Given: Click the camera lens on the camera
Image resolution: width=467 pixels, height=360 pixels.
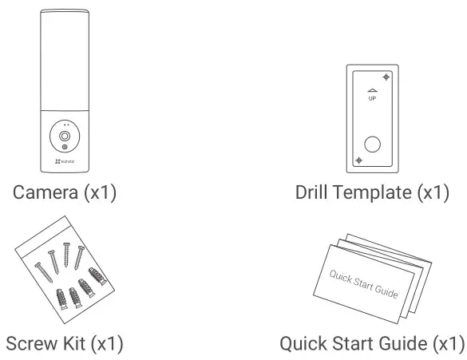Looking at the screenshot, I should coord(61,138).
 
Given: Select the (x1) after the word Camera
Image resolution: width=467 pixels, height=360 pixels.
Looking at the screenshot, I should coord(100,192).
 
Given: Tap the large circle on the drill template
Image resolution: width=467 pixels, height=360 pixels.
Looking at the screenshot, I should coord(372,144).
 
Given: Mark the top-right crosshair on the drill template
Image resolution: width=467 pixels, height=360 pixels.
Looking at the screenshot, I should coord(386,77).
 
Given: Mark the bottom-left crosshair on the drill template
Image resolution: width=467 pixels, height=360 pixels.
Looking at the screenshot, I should coord(358,160).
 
